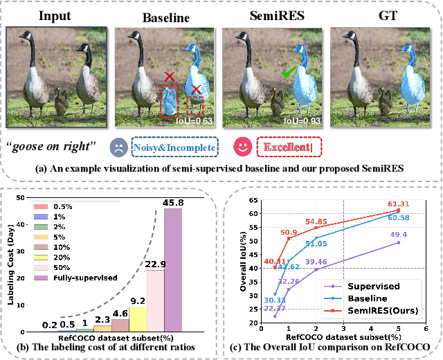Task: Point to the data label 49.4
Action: tap(399, 235)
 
